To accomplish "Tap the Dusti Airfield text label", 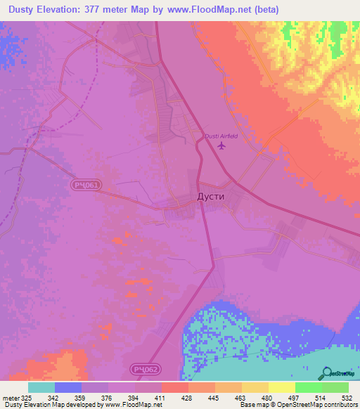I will [x=222, y=136].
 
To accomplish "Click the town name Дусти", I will [x=209, y=197].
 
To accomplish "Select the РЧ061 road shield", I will [x=86, y=185].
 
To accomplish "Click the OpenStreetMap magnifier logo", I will [x=327, y=372].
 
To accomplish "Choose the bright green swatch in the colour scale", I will [x=308, y=387].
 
